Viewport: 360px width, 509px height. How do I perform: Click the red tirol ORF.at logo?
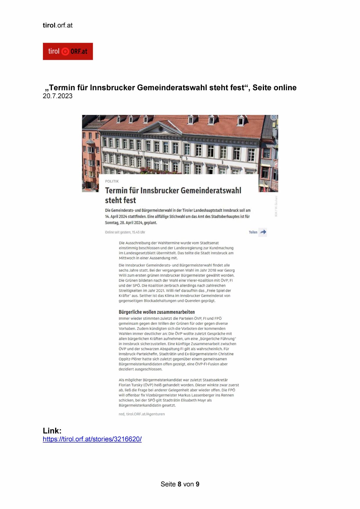(x=68, y=51)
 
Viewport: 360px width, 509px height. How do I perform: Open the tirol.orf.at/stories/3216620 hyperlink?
(x=92, y=439)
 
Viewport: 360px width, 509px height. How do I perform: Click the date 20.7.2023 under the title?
(x=57, y=96)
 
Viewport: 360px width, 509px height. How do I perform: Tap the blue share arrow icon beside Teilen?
(x=263, y=232)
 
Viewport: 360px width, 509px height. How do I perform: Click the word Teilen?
(x=253, y=232)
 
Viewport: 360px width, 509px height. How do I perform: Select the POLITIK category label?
(x=112, y=181)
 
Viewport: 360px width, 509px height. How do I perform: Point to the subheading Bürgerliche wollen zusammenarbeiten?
(x=157, y=312)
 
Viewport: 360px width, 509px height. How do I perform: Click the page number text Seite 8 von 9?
(x=180, y=484)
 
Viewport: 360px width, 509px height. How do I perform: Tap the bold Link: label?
(x=52, y=430)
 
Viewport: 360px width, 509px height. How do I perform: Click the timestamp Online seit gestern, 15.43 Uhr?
(x=125, y=232)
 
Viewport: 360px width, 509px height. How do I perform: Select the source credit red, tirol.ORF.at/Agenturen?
(x=142, y=414)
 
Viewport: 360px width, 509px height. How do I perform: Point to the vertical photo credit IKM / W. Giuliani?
(x=276, y=206)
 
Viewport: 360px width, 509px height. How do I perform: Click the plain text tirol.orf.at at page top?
(x=57, y=25)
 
